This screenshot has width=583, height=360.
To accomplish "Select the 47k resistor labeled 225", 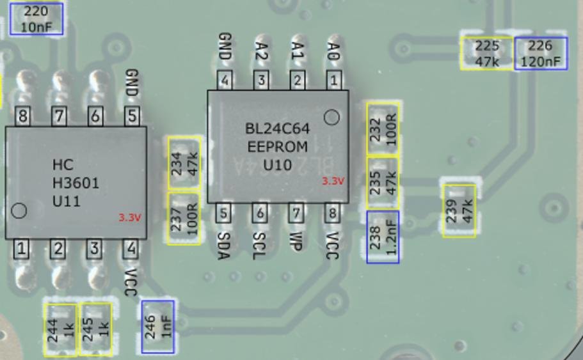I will [x=487, y=53].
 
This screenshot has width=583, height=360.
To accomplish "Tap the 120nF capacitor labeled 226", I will [x=540, y=54].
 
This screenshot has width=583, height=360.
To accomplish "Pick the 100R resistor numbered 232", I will [x=383, y=128].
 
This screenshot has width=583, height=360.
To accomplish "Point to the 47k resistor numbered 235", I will [x=383, y=182].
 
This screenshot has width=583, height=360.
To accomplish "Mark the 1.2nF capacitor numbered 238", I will [x=383, y=237].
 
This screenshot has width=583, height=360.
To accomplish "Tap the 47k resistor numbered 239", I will [x=459, y=211].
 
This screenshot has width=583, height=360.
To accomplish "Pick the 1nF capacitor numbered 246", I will [x=157, y=326].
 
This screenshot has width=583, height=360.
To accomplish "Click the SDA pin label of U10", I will [x=223, y=246].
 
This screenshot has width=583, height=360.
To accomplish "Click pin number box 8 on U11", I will [x=23, y=116].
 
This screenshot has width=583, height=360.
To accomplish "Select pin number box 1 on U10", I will [x=333, y=81].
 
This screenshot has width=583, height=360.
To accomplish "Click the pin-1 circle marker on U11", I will [x=19, y=210].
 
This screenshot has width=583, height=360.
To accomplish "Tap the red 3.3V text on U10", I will [x=333, y=181].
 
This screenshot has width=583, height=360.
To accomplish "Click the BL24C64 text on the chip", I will [x=277, y=129].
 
